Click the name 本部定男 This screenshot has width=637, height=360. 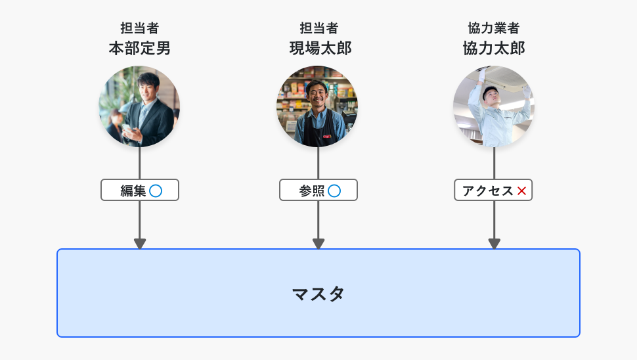click(139, 49)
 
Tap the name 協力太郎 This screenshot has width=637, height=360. click(494, 49)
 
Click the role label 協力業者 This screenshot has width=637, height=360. click(494, 28)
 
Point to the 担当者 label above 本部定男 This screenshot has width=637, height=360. click(139, 28)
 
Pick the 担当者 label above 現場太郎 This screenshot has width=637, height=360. click(318, 28)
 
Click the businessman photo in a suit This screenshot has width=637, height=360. click(139, 106)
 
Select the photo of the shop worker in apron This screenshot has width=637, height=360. click(317, 106)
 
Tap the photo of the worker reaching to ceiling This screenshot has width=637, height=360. click(494, 106)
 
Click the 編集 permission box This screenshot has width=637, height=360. click(139, 191)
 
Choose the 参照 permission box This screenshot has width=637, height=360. click(318, 191)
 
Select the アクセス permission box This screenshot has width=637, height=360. click(493, 191)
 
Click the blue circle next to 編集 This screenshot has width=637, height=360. click(156, 191)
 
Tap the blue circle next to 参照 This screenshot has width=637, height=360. click(334, 191)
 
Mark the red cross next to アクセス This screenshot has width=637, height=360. click(522, 191)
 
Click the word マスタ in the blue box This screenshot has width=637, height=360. click(318, 294)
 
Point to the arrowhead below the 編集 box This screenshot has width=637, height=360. click(139, 244)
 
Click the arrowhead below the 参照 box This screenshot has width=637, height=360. click(318, 244)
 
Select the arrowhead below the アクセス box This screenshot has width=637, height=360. click(494, 244)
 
